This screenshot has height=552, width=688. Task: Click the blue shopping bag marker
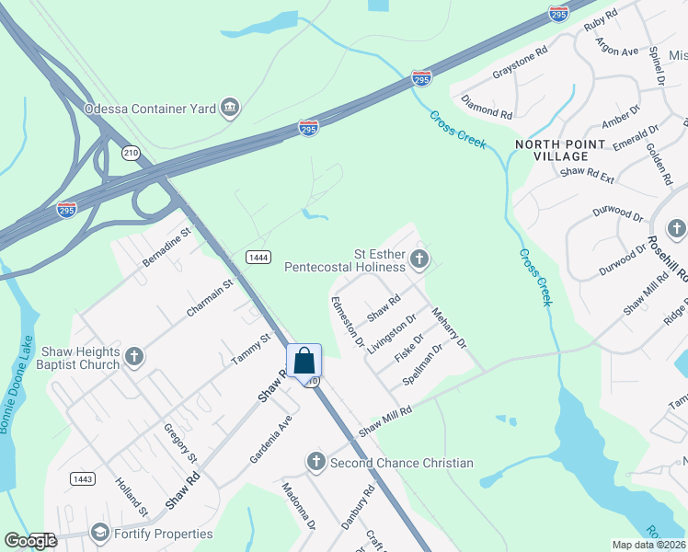tap(304, 361)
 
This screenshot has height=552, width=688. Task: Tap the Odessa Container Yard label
tap(150, 109)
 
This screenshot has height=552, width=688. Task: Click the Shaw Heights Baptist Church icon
tap(134, 357)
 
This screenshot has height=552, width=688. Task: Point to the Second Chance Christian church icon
tap(315, 462)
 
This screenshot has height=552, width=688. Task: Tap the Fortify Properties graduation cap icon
tap(99, 533)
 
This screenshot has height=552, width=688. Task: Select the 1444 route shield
tap(258, 258)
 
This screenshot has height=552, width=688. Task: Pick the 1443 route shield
tap(82, 478)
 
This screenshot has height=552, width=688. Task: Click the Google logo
tap(30, 541)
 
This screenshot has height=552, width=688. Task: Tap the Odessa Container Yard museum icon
tap(230, 109)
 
